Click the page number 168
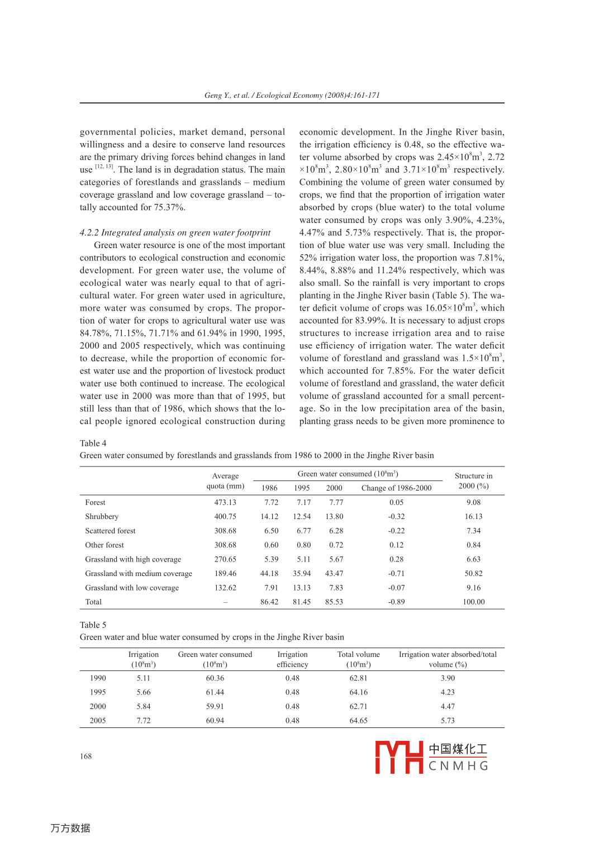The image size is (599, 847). pyautogui.click(x=85, y=756)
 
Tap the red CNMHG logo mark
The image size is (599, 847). pyautogui.click(x=399, y=757)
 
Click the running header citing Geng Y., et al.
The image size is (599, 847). pyautogui.click(x=292, y=95)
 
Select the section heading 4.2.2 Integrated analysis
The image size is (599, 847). pyautogui.click(x=175, y=232)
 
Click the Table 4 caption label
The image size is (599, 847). pyautogui.click(x=93, y=443)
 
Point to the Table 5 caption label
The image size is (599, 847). pyautogui.click(x=93, y=625)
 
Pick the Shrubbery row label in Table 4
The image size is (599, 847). pyautogui.click(x=102, y=517)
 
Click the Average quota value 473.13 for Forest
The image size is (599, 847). pyautogui.click(x=225, y=503)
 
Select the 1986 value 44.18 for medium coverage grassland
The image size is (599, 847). pyautogui.click(x=269, y=574)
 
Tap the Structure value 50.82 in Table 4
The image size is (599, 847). pyautogui.click(x=473, y=574)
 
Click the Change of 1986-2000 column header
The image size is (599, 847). pyautogui.click(x=396, y=488)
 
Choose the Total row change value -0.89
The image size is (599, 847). pyautogui.click(x=396, y=602)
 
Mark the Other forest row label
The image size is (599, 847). pyautogui.click(x=104, y=545)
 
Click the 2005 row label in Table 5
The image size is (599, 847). pyautogui.click(x=98, y=721)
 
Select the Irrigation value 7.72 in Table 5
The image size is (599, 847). pyautogui.click(x=144, y=721)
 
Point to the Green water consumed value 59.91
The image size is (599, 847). pyautogui.click(x=215, y=707)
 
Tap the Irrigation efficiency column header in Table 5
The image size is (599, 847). pyautogui.click(x=292, y=659)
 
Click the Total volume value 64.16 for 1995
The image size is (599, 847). pyautogui.click(x=358, y=692)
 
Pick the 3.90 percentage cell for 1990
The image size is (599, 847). pyautogui.click(x=448, y=678)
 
